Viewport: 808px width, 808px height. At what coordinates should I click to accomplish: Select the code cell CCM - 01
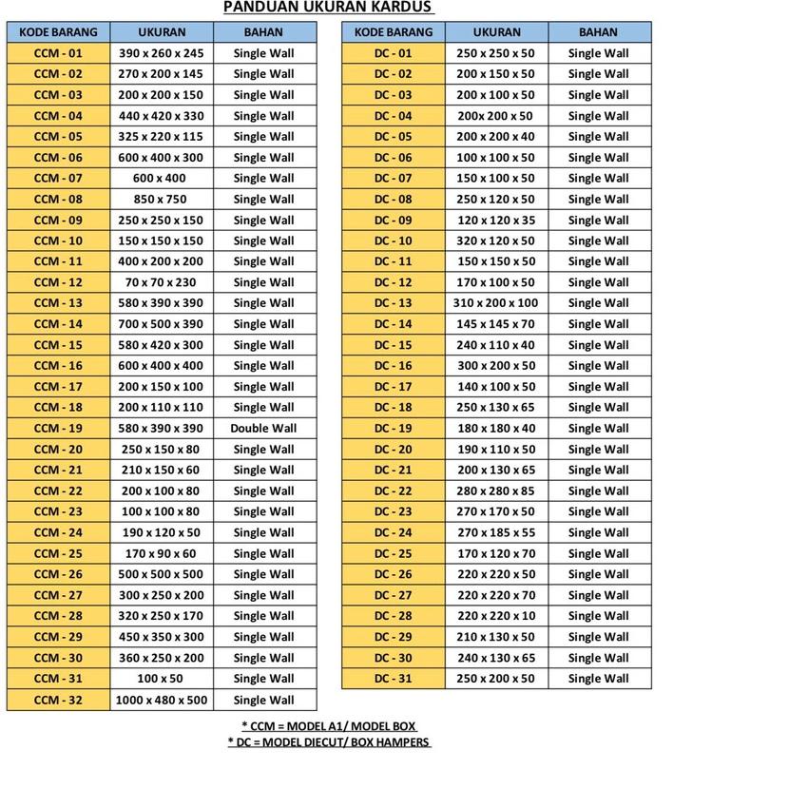(58, 53)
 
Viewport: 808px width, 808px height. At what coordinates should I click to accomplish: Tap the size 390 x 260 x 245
(162, 53)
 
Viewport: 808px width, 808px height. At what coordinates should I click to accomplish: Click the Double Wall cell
(263, 428)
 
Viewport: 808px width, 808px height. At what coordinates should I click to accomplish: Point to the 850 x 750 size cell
(162, 199)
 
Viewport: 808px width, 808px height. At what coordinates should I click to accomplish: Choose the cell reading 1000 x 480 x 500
(162, 700)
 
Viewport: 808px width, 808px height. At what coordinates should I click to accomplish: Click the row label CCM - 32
(58, 700)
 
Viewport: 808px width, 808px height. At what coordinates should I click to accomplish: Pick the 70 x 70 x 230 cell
(162, 282)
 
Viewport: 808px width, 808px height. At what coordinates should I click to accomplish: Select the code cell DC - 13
(393, 303)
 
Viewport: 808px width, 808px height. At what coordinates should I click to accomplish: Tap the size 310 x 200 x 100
(495, 303)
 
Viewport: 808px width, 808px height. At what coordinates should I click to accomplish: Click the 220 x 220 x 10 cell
(495, 616)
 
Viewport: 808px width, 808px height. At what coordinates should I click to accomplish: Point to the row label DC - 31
(393, 679)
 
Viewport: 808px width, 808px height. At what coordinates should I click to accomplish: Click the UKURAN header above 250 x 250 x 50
(495, 32)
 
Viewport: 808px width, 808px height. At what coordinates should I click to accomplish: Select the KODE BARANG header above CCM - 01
(58, 32)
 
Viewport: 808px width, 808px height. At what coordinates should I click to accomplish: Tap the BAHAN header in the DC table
(599, 32)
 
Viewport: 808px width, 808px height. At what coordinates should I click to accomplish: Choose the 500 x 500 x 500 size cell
(162, 574)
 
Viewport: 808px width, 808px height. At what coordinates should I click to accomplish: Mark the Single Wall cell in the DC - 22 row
(599, 491)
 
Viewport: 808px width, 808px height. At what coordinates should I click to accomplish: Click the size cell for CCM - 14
(162, 324)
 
